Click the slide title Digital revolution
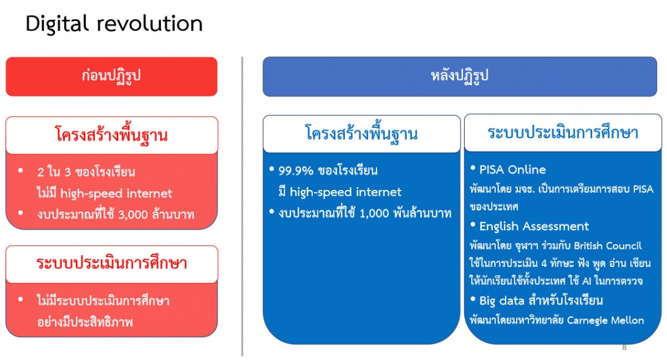(114, 24)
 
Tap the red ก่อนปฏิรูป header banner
(112, 77)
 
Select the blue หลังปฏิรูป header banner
(460, 77)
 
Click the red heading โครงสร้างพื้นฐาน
(112, 135)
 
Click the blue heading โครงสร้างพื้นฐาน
(362, 134)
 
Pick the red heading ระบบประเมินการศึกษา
(112, 263)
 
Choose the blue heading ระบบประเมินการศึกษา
(563, 133)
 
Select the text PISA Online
(513, 169)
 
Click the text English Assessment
(534, 227)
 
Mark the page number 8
(624, 347)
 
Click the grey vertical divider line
(243, 206)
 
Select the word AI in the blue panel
(586, 281)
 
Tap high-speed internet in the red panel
(116, 194)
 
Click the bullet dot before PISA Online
(472, 168)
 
